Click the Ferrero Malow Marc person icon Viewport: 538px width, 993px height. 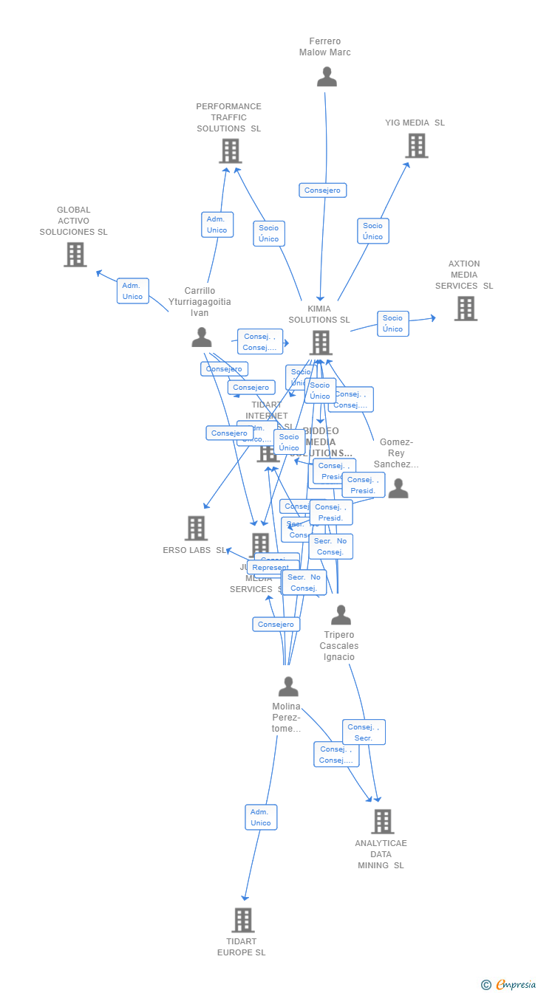coord(327,77)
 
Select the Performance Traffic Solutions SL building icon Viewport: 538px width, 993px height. coord(231,151)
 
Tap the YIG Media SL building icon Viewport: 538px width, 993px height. coord(417,145)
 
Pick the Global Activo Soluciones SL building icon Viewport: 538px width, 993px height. coord(75,254)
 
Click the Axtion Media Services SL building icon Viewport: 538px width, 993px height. coord(466,308)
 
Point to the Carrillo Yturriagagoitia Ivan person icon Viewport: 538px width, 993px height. coord(202,337)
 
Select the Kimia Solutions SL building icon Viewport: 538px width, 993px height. coord(321,343)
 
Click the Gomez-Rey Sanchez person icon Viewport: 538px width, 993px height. coord(398,488)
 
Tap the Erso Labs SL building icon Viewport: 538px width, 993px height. coord(196,528)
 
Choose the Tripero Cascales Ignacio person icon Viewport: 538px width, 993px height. coord(341,615)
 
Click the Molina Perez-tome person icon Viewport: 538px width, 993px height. coord(288,687)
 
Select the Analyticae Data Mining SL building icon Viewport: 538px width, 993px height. coord(382,821)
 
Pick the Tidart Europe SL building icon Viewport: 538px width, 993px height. coord(243,920)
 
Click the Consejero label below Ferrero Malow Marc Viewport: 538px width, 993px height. coord(322,190)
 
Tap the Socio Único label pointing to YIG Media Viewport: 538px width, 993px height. coord(372,231)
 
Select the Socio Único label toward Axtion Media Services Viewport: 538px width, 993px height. coord(392,323)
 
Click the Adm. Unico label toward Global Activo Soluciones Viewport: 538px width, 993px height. coord(132,291)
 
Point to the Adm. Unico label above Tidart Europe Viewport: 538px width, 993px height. coord(261,817)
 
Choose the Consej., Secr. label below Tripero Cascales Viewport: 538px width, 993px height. coord(363,732)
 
